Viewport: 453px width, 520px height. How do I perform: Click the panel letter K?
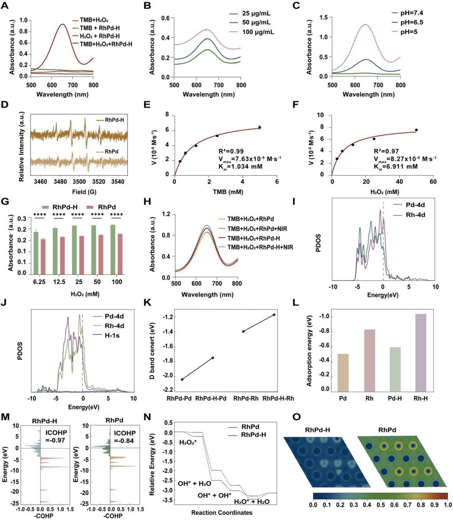click(147, 303)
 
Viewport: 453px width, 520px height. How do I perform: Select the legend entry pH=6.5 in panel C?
click(411, 23)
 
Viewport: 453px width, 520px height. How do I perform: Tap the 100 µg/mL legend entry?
click(258, 32)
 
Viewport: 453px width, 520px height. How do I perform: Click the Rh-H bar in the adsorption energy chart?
click(421, 353)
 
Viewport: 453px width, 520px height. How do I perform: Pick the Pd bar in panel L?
click(343, 373)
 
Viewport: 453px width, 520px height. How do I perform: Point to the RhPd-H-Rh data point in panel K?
click(274, 314)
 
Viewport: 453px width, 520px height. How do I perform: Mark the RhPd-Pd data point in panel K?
click(182, 379)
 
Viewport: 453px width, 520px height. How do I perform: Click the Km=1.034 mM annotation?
click(240, 166)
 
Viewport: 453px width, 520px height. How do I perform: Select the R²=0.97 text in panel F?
click(386, 151)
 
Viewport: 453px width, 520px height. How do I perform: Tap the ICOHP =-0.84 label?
click(125, 437)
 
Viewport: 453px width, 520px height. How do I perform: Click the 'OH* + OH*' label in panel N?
click(214, 496)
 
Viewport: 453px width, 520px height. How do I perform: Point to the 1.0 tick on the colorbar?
click(448, 505)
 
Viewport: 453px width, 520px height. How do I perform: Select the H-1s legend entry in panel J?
click(112, 335)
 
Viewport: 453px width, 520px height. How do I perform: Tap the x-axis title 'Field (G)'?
click(84, 192)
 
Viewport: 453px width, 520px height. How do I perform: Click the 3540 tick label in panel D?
click(118, 181)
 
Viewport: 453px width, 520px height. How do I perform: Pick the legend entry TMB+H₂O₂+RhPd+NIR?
click(257, 229)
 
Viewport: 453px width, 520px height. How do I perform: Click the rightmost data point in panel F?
click(416, 130)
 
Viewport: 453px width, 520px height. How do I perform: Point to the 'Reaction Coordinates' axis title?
click(222, 513)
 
